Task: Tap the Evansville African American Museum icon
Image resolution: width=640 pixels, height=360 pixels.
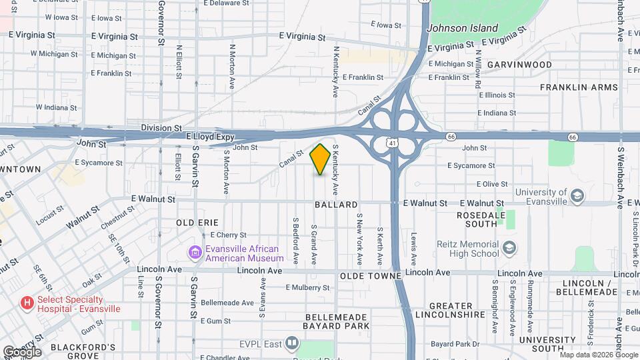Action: [x=195, y=253]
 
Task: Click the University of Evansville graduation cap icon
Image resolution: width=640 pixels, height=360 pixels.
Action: [x=577, y=195]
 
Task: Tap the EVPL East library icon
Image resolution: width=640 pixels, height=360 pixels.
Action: [x=291, y=344]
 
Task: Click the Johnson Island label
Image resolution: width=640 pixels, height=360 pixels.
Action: [x=462, y=28]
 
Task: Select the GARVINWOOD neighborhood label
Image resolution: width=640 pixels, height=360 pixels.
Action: [x=519, y=65]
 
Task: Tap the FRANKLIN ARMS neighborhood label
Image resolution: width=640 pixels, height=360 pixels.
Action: [x=579, y=87]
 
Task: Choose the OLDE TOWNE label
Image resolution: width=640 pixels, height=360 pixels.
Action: [x=370, y=275]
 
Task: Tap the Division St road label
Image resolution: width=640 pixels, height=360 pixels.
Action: [x=161, y=127]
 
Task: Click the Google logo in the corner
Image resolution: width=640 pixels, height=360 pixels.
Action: [x=22, y=351]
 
